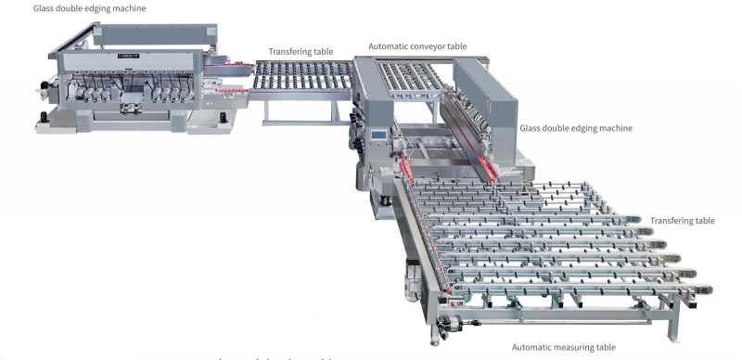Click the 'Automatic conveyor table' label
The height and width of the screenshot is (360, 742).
click(417, 45)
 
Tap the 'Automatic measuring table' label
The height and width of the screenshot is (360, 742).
click(563, 347)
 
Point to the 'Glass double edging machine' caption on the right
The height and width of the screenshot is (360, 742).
click(576, 128)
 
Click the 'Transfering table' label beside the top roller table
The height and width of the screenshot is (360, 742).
click(301, 52)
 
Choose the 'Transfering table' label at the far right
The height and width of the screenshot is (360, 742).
click(682, 221)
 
